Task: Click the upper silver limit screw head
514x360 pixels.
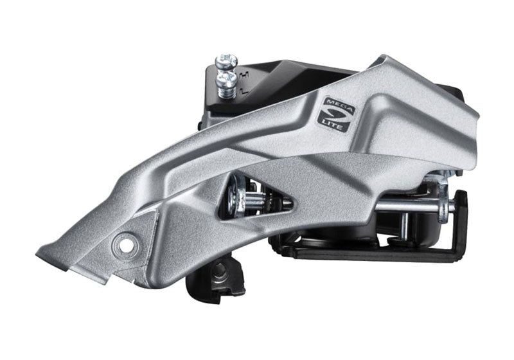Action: click(x=226, y=61)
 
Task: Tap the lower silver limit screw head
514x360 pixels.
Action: click(x=227, y=79)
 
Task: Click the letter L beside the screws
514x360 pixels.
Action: click(x=244, y=90)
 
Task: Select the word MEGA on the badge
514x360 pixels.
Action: click(x=339, y=107)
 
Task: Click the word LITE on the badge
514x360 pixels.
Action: click(x=333, y=125)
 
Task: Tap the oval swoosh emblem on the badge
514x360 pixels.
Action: click(x=337, y=116)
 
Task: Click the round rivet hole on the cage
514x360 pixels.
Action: click(x=125, y=244)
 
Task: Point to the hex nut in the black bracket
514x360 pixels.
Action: click(x=218, y=274)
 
